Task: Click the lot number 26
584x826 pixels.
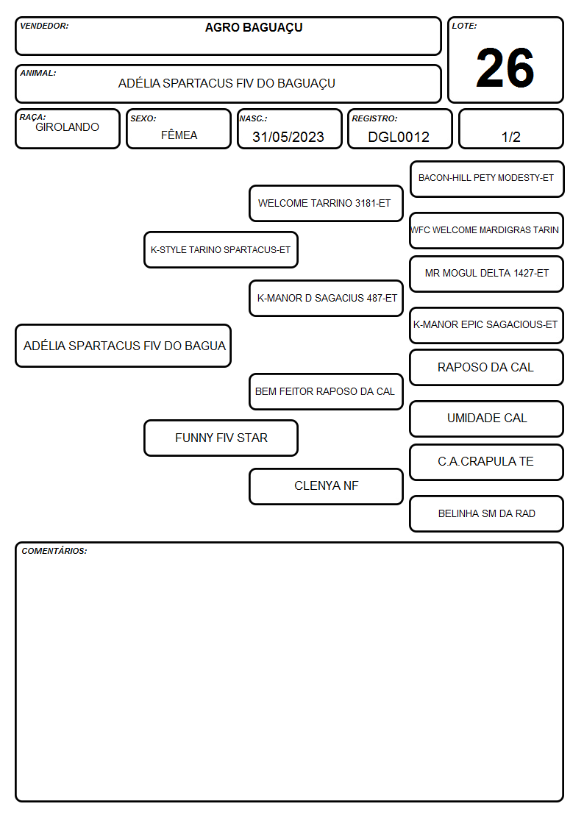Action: pos(505,68)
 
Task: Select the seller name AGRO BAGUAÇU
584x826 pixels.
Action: pos(254,28)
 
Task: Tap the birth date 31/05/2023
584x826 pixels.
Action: pos(288,137)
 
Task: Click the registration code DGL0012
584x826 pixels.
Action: pos(399,137)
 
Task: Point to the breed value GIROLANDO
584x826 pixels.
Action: pos(68,127)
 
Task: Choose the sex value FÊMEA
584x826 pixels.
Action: pos(179,135)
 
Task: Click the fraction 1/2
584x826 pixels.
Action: pos(510,137)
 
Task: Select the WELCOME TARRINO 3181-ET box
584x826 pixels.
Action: pos(326,203)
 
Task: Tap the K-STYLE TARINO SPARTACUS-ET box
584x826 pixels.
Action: pos(221,249)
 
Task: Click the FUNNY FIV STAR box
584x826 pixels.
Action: pos(221,438)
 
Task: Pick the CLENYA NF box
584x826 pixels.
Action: pos(326,486)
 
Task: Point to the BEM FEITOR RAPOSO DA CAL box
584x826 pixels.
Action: pos(326,391)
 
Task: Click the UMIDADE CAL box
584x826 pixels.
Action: pos(487,419)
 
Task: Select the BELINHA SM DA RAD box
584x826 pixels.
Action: pos(487,513)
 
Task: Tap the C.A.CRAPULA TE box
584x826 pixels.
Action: pos(487,462)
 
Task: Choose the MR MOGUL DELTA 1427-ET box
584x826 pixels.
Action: pos(487,274)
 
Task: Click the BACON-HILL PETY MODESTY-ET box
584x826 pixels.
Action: pos(487,179)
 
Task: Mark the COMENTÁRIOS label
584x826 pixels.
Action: pos(54,551)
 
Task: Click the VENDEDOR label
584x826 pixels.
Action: pos(44,26)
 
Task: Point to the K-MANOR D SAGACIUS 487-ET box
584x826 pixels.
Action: pos(326,298)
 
